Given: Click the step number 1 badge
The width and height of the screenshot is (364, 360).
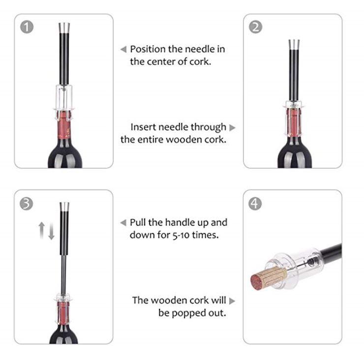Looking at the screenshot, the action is (x=27, y=27).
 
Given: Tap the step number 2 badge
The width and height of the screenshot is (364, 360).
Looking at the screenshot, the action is (x=256, y=27).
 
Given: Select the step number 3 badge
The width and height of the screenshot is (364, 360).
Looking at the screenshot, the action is (x=26, y=204).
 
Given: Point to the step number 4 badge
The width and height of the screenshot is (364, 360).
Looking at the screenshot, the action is (x=255, y=204).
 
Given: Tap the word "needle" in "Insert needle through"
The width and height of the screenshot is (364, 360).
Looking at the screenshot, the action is (x=173, y=127).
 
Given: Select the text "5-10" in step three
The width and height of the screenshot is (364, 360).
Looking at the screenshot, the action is (x=181, y=235).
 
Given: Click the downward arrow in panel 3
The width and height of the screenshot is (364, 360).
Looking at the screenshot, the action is (x=51, y=231).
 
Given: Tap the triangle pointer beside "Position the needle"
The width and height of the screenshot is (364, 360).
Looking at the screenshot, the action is (x=123, y=49).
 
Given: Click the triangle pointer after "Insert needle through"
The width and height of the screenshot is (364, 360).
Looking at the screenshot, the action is (x=232, y=128).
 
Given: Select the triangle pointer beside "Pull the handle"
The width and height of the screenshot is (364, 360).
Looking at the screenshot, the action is (x=123, y=223).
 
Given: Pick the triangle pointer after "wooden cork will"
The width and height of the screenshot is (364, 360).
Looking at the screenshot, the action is (x=232, y=301).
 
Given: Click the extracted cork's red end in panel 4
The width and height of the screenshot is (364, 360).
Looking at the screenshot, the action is (x=257, y=283).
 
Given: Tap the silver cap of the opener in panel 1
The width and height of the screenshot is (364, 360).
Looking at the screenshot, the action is (x=64, y=28).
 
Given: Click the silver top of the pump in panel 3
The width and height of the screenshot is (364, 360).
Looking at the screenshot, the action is (x=64, y=207).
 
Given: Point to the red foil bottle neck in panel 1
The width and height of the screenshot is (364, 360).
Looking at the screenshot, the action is (x=63, y=125).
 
